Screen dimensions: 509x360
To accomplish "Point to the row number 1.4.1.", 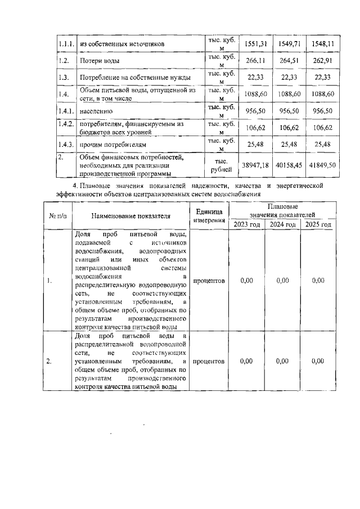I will [x=66, y=111].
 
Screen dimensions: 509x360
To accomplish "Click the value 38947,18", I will [x=256, y=165].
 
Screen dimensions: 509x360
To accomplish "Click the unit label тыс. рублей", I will [x=220, y=165].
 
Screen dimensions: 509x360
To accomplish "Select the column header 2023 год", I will [x=246, y=224].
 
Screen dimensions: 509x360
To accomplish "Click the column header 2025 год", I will [x=318, y=224].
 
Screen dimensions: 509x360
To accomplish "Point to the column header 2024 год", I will [x=282, y=224].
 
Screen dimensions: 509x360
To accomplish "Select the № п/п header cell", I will [x=57, y=215].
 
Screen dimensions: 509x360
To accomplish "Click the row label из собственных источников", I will [x=121, y=43].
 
